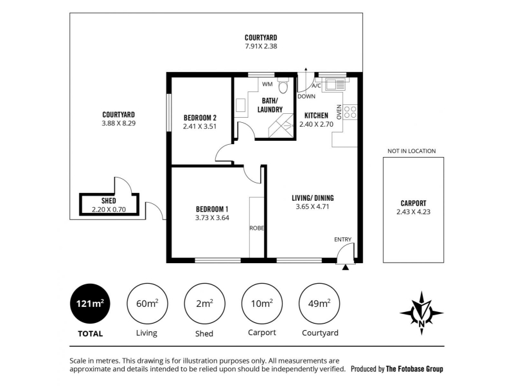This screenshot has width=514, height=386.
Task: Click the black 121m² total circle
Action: click(90, 304)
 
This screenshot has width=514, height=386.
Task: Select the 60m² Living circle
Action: click(147, 304)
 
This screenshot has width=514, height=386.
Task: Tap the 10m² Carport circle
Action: click(262, 304)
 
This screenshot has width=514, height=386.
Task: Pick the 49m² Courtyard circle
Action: click(319, 304)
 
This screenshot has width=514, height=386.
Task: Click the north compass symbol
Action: click(421, 313)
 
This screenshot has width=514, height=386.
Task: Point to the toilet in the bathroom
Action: click(283, 86)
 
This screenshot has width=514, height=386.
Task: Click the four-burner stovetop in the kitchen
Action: click(350, 112)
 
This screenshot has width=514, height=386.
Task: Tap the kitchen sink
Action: click(334, 85)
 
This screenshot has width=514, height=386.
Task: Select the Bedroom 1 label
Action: click(212, 209)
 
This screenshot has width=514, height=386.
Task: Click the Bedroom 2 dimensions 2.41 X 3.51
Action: click(200, 126)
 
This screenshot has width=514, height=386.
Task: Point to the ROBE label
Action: click(256, 228)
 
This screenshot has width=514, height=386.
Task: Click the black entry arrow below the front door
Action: click(345, 268)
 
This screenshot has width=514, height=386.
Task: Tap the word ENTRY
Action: click(342, 239)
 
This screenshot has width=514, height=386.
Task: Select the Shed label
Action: click(109, 201)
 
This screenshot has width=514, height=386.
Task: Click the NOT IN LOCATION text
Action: click(412, 151)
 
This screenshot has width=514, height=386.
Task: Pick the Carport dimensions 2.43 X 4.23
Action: click(413, 212)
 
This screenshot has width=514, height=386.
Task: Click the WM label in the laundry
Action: click(267, 84)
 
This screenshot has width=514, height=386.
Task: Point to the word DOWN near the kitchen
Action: click(306, 96)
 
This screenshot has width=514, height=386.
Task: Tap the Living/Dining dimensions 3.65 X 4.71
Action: click(312, 207)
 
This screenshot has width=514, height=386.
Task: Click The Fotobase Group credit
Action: click(414, 369)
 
